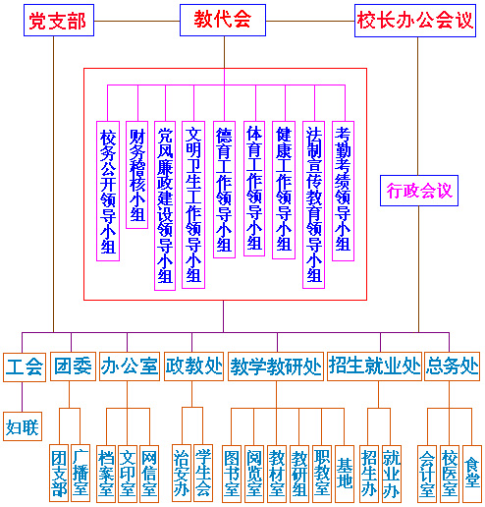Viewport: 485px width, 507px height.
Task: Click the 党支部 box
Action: coord(57,21)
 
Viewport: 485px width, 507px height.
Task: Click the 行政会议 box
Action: coord(418,191)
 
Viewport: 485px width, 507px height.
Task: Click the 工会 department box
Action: coord(25,367)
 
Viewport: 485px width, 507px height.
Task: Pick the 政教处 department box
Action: coord(193,367)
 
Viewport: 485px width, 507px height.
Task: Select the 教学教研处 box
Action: coord(276,367)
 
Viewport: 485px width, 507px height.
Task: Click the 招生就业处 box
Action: coord(374,367)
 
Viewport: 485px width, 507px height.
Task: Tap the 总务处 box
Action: coord(454,367)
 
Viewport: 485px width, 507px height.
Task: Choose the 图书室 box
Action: coord(232,473)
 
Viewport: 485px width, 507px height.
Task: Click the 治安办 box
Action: coord(181,473)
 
